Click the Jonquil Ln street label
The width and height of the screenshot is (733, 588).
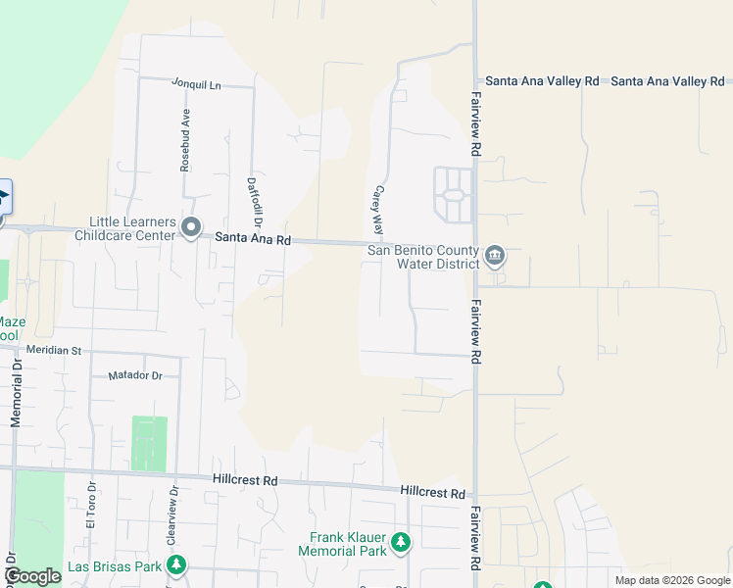coord(196,85)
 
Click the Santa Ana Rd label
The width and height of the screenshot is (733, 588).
coord(253,238)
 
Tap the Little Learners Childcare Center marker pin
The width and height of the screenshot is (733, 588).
coord(191,230)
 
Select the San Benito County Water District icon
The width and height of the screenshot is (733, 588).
coord(495,257)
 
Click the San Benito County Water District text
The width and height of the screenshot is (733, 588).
coord(423,257)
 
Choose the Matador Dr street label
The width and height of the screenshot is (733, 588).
coord(133,375)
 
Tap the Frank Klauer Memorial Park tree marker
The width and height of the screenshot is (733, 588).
coord(400,542)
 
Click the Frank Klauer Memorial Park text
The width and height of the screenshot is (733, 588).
coord(348,544)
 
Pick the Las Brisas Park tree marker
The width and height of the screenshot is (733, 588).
coord(176,565)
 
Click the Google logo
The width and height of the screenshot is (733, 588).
coord(31,576)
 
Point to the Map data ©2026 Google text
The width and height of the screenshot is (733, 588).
coord(670,580)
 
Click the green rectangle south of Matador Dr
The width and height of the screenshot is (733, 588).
coord(149,443)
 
